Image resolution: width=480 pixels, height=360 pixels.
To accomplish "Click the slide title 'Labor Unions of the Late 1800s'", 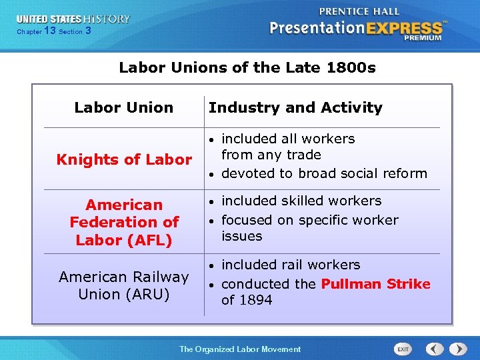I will (x=247, y=67).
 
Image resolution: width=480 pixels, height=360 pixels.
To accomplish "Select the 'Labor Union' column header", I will (x=123, y=107).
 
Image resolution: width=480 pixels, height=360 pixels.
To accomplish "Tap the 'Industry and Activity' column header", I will (x=295, y=107).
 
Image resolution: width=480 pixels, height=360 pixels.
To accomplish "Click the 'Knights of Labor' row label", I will (x=123, y=159).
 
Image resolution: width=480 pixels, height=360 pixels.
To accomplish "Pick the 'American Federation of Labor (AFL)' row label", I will (x=124, y=222).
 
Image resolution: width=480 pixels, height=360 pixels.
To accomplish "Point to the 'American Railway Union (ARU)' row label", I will (x=123, y=285).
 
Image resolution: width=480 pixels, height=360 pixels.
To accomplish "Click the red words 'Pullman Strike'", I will (x=375, y=284).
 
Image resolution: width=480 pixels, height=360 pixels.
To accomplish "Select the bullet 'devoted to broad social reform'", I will (x=323, y=173).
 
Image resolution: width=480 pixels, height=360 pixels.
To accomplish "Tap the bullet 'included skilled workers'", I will (x=301, y=201).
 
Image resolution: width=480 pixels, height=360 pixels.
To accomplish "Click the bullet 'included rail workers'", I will (x=290, y=265).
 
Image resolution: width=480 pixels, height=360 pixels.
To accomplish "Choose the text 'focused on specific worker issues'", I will (x=309, y=228).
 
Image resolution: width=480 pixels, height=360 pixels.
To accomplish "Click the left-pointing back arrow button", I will (x=435, y=349).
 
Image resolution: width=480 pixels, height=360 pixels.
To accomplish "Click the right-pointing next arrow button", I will (x=457, y=349).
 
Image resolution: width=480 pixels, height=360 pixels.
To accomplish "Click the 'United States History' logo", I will (x=73, y=19).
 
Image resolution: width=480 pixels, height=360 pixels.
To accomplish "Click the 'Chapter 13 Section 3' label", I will (x=53, y=31).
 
